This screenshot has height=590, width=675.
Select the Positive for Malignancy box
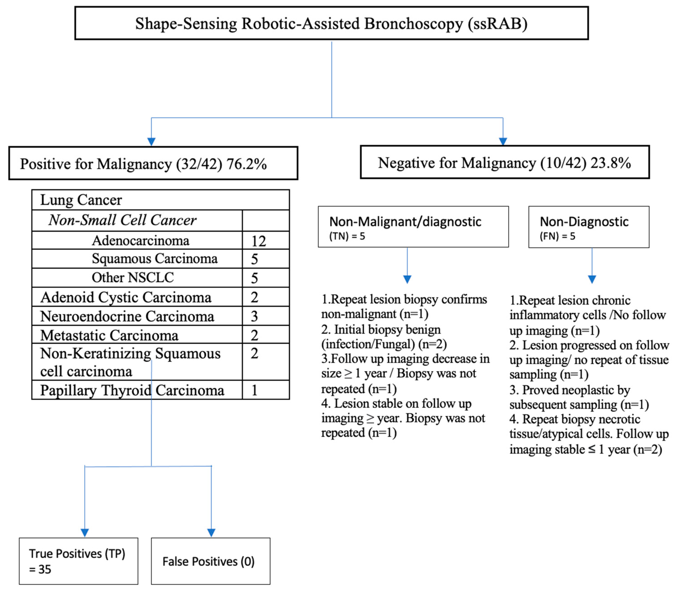pos(153,163)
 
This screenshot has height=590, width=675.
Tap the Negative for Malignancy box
pos(504,162)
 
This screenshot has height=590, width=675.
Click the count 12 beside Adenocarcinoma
pos(259,241)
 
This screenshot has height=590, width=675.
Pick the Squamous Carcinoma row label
pos(154,258)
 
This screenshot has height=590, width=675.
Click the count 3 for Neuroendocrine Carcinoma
pos(254,316)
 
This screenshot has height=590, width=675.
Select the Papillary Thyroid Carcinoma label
pos(132,390)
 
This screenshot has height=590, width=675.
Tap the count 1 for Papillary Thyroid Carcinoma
pos(254,390)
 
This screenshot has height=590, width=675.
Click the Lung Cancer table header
pos(81,200)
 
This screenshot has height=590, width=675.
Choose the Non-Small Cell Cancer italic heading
pos(122,220)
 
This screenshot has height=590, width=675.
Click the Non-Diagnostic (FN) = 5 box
pos(588,227)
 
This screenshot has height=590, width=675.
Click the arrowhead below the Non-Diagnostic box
pos(592,279)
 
